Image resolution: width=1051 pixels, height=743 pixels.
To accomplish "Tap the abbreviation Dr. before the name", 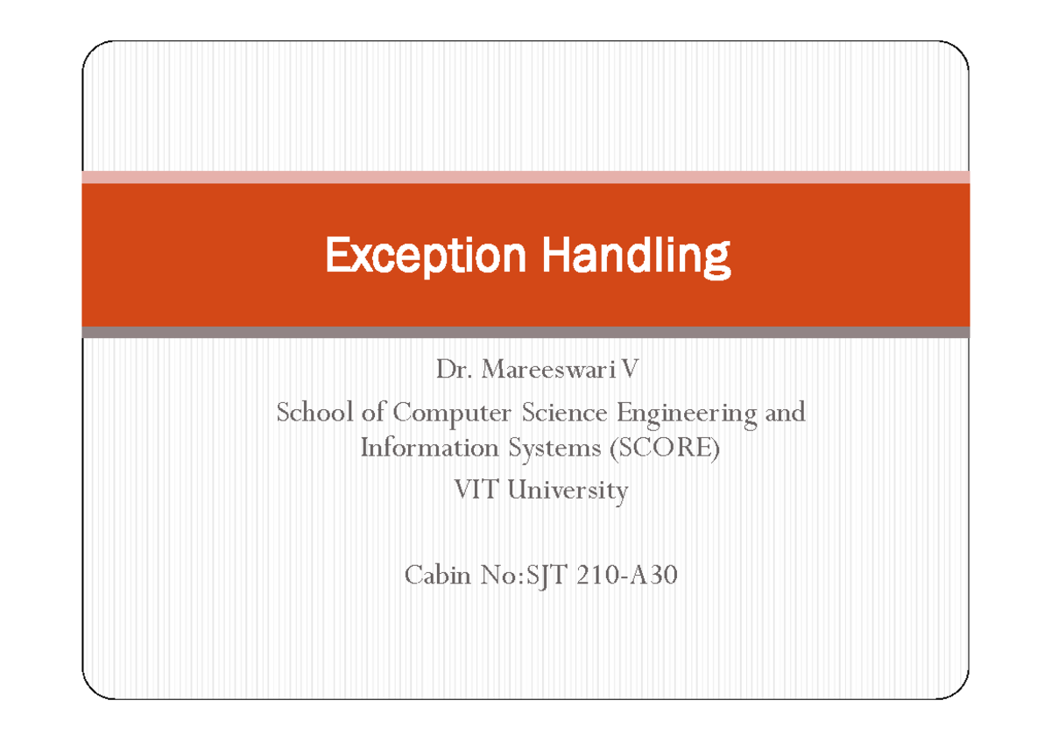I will click(454, 371).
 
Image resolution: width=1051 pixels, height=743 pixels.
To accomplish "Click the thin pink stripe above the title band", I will click(525, 177).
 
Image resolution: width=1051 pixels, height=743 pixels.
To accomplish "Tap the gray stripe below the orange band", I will click(525, 332).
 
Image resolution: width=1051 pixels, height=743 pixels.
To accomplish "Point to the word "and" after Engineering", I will click(785, 412).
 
